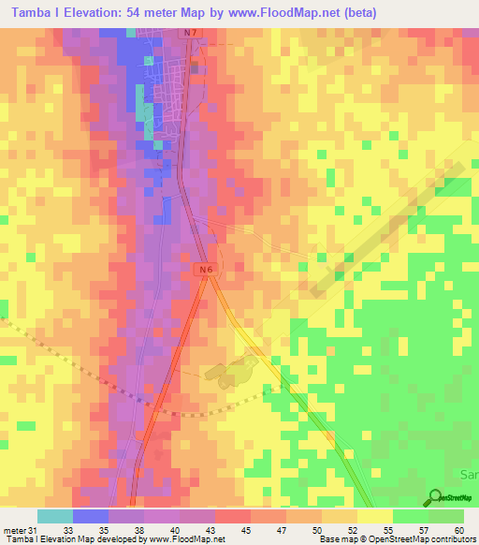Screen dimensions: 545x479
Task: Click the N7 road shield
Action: pos(190,34)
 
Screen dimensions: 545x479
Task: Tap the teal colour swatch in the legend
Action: pos(54,517)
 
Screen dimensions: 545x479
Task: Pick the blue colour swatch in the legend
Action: pos(90,517)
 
